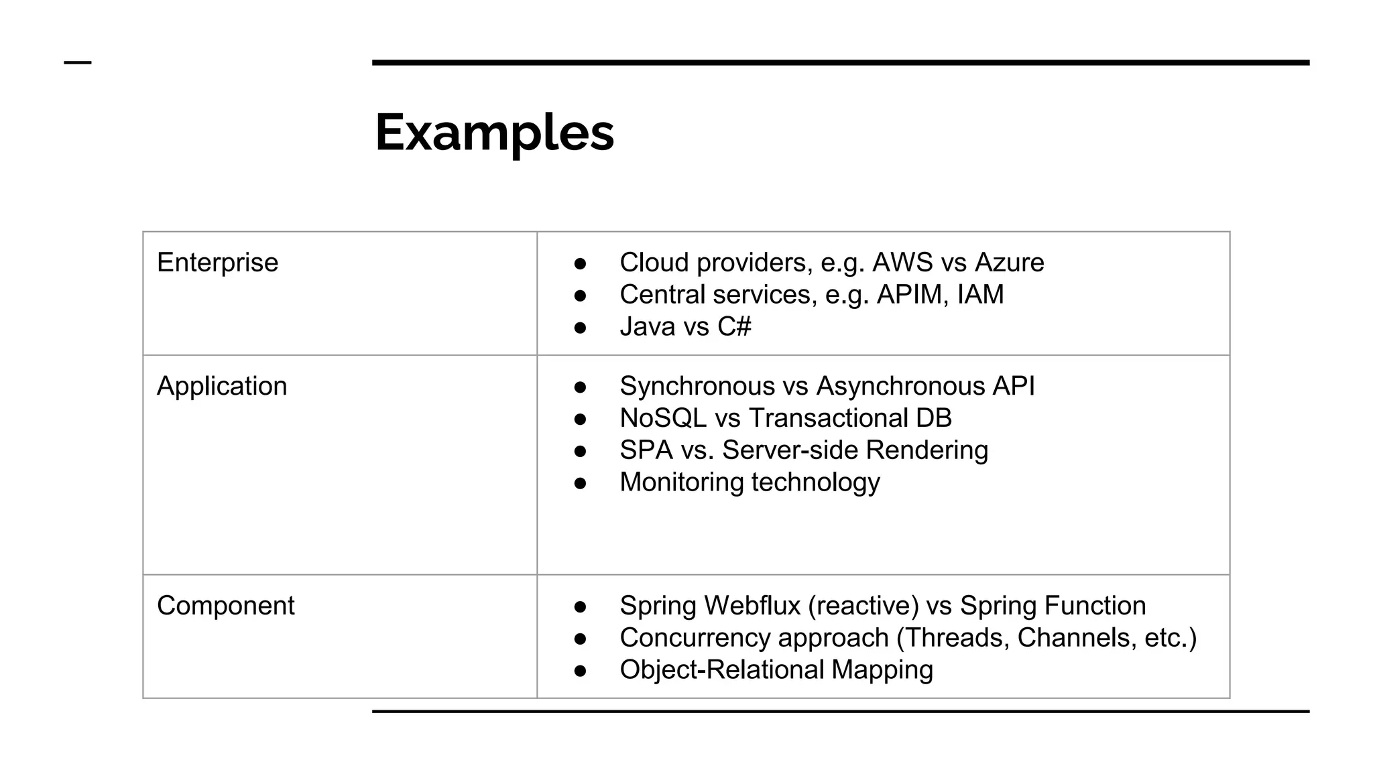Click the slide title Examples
[x=494, y=133]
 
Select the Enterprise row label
[x=217, y=263]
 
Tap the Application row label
[x=222, y=387]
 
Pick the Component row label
[x=225, y=606]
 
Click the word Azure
[x=1009, y=263]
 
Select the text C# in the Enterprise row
[x=734, y=327]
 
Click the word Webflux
[x=752, y=606]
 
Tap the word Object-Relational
[x=721, y=670]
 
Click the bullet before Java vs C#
[x=581, y=328]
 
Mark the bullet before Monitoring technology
[x=581, y=483]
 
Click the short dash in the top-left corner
[x=77, y=63]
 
